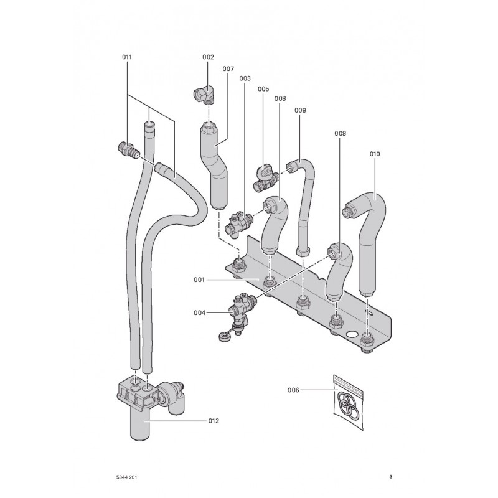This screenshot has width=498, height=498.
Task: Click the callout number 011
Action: click(127, 57)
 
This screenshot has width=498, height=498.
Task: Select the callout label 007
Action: click(228, 68)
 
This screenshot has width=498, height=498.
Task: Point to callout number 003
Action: click(245, 78)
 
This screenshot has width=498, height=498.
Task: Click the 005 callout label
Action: click(263, 89)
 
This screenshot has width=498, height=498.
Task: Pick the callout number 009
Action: click(300, 110)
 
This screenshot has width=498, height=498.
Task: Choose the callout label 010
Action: click(374, 153)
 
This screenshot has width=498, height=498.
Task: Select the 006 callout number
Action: click(294, 390)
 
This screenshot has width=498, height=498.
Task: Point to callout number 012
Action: click(213, 421)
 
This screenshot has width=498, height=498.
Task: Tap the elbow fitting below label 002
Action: click(203, 95)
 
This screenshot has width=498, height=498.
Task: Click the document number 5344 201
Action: click(127, 477)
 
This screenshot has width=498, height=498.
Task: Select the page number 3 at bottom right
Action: click(390, 477)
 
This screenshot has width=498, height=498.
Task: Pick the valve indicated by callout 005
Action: click(264, 177)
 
